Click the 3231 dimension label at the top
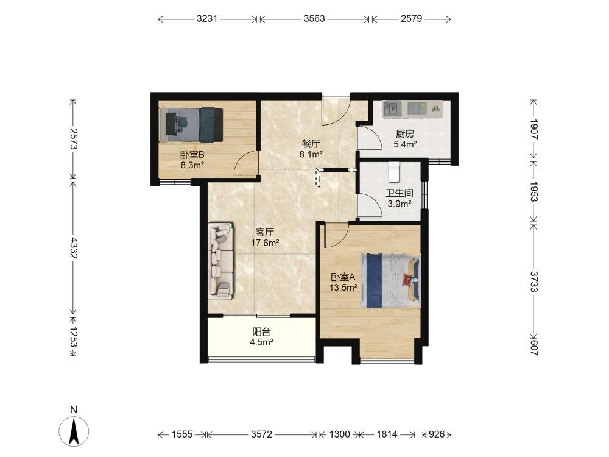coord(206,19)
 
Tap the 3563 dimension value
coord(314,19)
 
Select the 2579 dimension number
coord(411,19)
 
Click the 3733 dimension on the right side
coord(533,282)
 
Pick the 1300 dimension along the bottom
coord(339,434)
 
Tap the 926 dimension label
coord(437,434)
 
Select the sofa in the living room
coord(221,261)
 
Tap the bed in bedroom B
coord(191,124)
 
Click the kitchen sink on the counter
coord(393,108)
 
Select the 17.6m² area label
coord(266,243)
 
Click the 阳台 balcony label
coord(261,332)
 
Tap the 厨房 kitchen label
coord(405,134)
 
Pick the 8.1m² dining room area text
coord(311,154)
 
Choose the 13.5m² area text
coord(343,288)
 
